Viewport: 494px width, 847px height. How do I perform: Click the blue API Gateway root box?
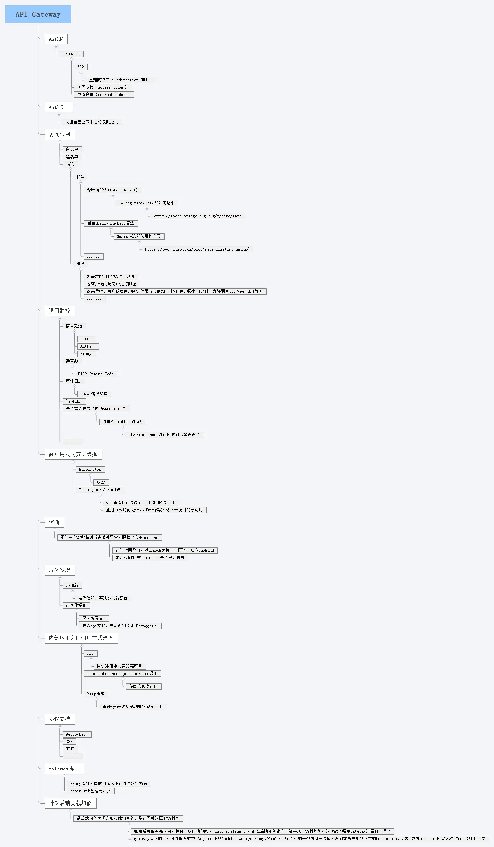tap(38, 14)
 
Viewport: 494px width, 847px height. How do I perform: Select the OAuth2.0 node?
tap(71, 54)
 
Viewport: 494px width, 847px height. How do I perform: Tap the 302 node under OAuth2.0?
tap(81, 67)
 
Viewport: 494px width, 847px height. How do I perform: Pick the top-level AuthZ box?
tap(59, 107)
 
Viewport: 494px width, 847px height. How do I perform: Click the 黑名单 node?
tap(72, 157)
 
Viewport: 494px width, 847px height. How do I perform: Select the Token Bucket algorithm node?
tap(112, 190)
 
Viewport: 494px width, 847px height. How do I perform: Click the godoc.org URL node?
tap(197, 216)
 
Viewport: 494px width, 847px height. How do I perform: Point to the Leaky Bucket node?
tap(110, 223)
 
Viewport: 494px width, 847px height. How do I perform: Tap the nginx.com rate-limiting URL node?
tap(197, 249)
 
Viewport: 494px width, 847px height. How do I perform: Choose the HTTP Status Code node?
tap(96, 374)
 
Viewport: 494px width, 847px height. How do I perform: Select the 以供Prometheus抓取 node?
tap(122, 421)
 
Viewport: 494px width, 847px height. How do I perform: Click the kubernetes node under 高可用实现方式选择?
tap(90, 470)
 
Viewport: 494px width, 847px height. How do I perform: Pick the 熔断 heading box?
tap(54, 522)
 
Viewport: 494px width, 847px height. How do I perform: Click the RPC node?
tap(91, 653)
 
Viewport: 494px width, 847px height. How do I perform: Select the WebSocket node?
tap(76, 734)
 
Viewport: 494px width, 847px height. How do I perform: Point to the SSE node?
tap(69, 741)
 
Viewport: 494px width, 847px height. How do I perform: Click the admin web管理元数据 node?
tap(91, 791)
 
